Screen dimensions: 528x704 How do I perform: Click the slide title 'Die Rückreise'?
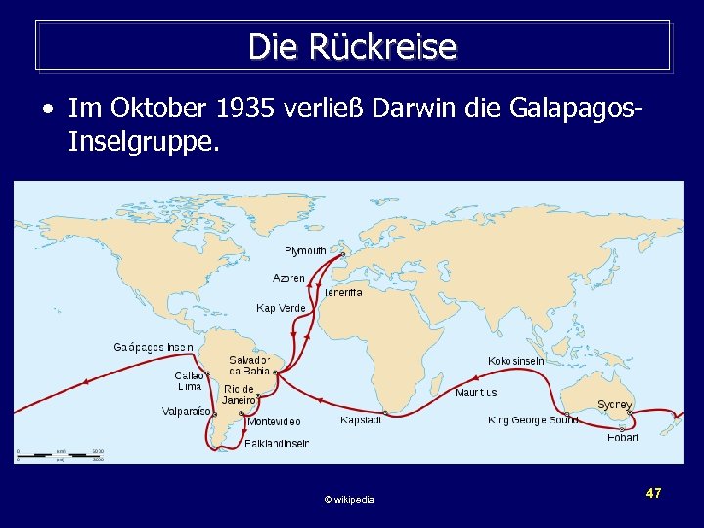pos(352,46)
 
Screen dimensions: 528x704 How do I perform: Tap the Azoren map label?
pos(288,278)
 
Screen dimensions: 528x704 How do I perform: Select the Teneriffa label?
pos(343,292)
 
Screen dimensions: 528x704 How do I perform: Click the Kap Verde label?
pos(281,308)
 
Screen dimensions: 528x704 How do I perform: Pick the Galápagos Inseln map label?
pos(154,347)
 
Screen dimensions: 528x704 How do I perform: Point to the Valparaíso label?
pos(186,412)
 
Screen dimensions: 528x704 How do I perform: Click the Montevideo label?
pos(274,422)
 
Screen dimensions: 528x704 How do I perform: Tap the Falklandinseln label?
pos(277,443)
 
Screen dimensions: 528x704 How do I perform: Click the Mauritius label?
pos(475,393)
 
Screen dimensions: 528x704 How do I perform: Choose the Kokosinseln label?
pos(516,361)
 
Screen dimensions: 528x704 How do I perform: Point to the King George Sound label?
pos(533,420)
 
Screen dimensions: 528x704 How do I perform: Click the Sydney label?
pos(615,404)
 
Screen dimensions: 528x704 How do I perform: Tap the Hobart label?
pos(623,437)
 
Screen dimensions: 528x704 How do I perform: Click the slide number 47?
pos(654,494)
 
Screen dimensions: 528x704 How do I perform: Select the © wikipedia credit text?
pos(349,500)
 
